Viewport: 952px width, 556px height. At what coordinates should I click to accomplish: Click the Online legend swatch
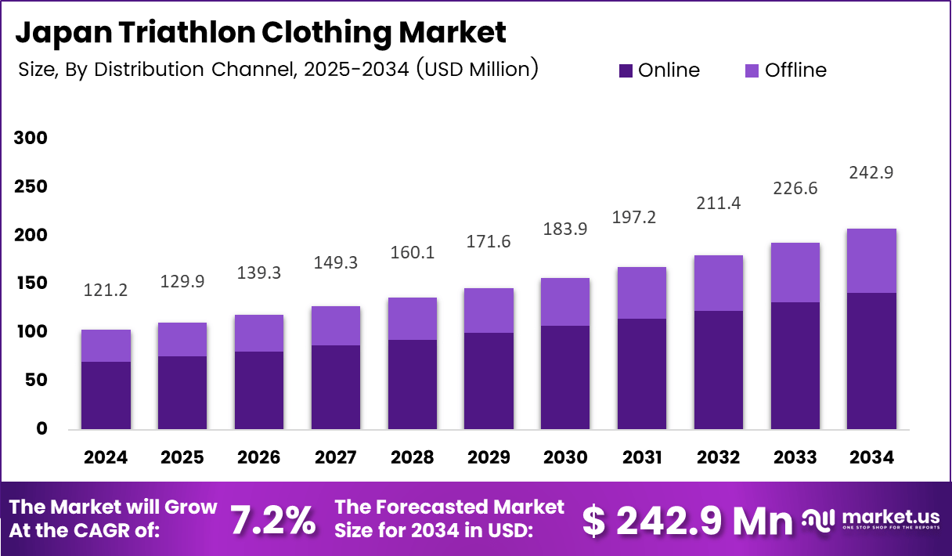[x=626, y=70]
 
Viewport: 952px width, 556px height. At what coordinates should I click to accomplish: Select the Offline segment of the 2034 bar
[x=871, y=261]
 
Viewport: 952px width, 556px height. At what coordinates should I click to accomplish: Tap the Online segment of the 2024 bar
[x=106, y=395]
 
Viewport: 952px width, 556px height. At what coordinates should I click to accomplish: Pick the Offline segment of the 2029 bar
[x=489, y=310]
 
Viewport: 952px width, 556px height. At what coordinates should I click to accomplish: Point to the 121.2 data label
[x=106, y=291]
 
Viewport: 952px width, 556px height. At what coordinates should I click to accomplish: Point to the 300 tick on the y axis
[x=31, y=139]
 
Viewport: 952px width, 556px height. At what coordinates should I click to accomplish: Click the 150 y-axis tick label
[x=31, y=283]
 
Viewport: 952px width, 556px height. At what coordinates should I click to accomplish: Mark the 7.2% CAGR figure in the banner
[x=274, y=520]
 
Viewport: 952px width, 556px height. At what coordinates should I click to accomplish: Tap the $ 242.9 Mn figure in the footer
[x=688, y=521]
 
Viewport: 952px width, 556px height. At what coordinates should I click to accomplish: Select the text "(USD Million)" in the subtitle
[x=477, y=69]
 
